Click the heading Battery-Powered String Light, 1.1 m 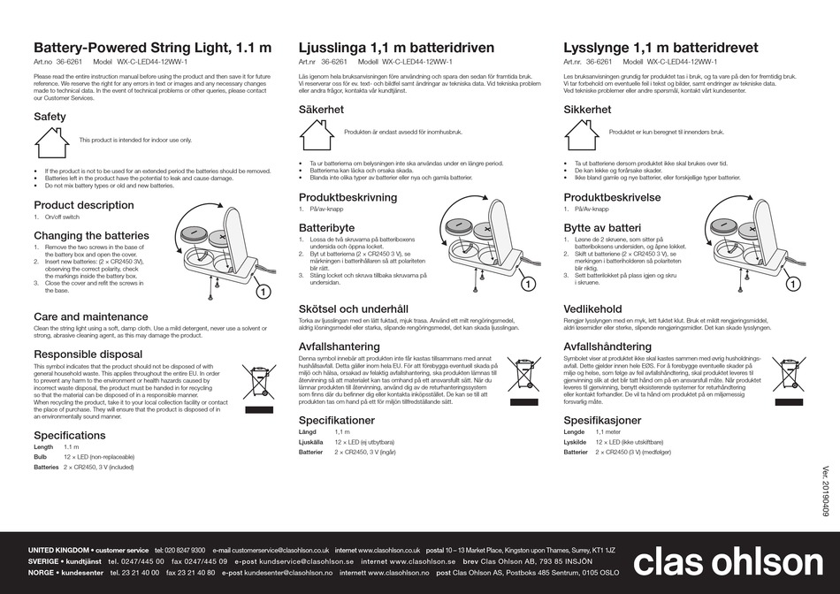click(152, 48)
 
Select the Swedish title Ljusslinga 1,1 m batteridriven click(396, 48)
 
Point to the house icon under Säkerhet click(317, 133)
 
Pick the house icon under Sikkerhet click(582, 133)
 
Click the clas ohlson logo click(722, 563)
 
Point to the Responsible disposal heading click(88, 354)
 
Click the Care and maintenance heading click(91, 316)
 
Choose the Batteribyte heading click(326, 227)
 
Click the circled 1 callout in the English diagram click(263, 291)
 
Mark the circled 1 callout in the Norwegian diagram click(792, 284)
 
